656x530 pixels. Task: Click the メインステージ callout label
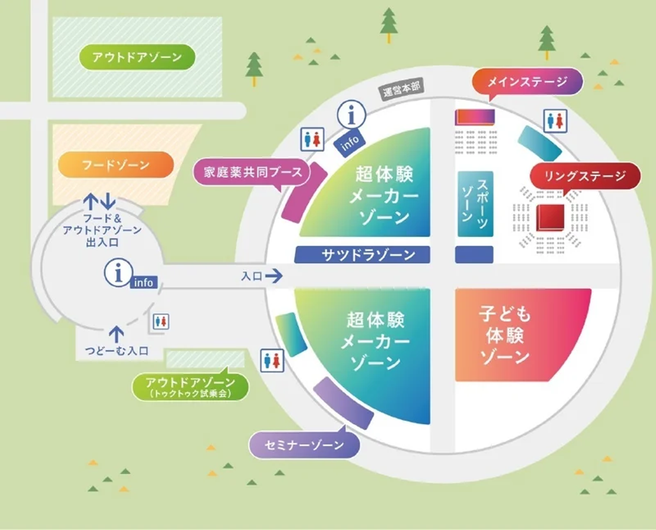[528, 82]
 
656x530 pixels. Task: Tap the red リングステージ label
[585, 176]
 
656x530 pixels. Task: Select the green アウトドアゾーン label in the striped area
[137, 57]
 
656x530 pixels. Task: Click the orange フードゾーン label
[116, 165]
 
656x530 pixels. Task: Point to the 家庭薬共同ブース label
[253, 172]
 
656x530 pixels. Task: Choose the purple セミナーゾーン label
[304, 445]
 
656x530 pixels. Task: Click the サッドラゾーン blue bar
[363, 255]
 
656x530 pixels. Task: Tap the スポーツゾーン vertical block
[475, 204]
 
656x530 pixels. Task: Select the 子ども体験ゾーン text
[505, 335]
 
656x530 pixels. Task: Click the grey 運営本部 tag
[401, 89]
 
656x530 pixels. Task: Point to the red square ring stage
[550, 218]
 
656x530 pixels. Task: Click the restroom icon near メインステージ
[555, 121]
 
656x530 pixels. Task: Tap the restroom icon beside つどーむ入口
[161, 321]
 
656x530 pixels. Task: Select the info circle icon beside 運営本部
[351, 115]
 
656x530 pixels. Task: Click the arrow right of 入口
[274, 276]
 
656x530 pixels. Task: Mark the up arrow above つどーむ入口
[117, 334]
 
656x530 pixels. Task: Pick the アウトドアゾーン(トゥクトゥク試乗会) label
[190, 387]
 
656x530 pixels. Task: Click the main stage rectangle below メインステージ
[475, 117]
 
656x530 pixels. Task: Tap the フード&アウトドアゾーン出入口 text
[102, 230]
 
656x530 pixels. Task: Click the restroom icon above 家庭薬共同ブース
[312, 139]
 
